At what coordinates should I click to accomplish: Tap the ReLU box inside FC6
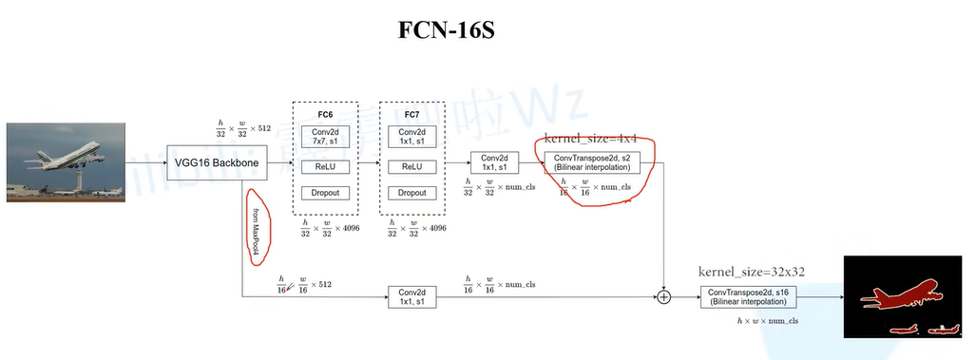tap(325, 166)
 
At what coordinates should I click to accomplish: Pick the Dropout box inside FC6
tap(325, 192)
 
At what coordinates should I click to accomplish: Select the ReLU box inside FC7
tap(411, 166)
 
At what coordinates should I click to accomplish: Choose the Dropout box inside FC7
tap(411, 192)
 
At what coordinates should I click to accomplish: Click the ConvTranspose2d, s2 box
tap(592, 161)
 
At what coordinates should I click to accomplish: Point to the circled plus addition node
tap(663, 297)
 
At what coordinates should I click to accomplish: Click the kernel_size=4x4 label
tap(590, 139)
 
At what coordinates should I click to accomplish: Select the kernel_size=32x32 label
tap(752, 272)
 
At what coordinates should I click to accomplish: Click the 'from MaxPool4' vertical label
tap(256, 226)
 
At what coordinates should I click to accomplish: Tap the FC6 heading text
tap(325, 114)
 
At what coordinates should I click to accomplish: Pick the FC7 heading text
tap(411, 114)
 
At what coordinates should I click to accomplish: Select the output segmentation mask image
tap(904, 296)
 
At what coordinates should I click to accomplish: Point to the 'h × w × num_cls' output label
tap(768, 321)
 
